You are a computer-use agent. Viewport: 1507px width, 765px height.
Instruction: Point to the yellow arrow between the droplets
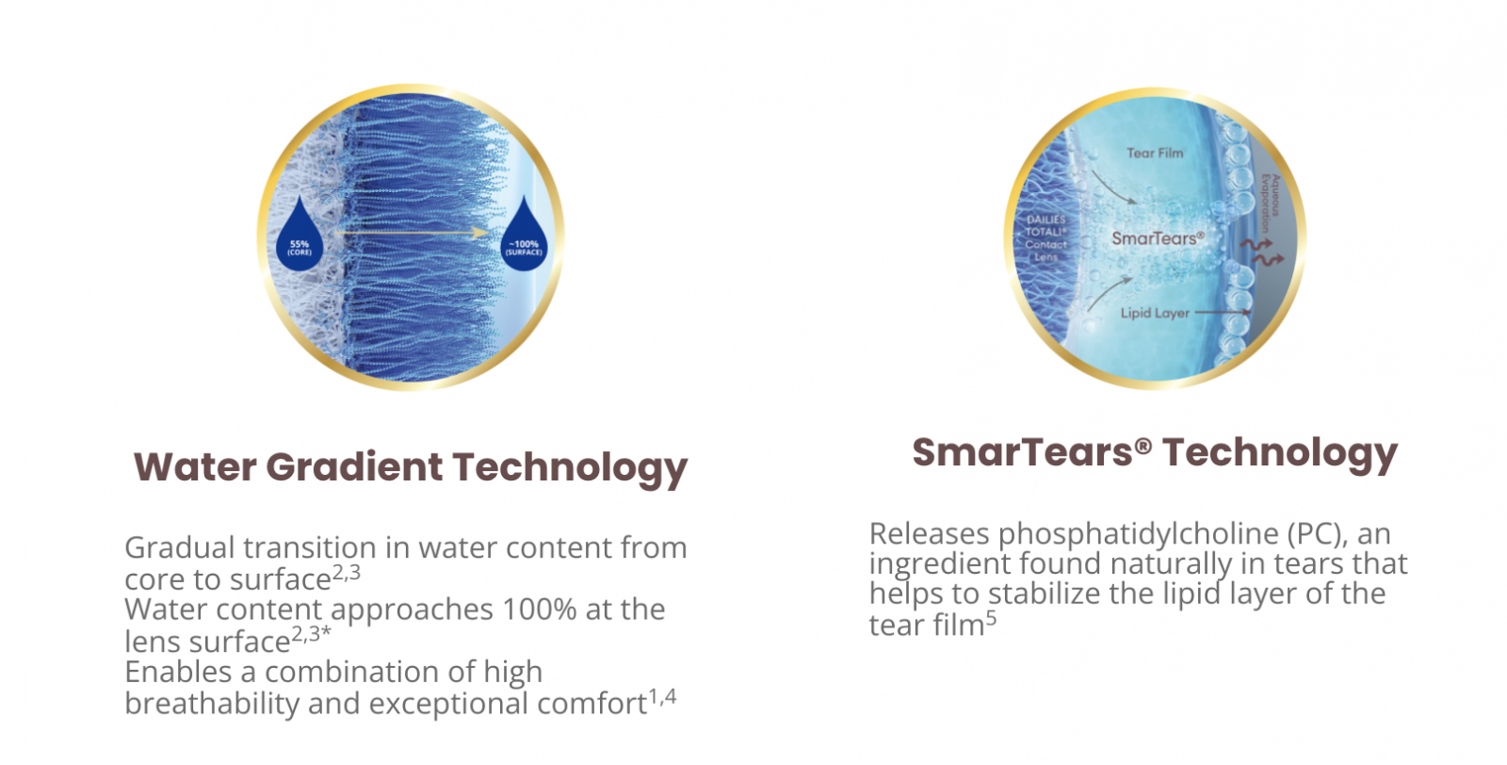(412, 233)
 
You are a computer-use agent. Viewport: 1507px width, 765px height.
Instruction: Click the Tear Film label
(1155, 154)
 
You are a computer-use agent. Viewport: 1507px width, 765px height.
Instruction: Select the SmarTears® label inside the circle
(1158, 238)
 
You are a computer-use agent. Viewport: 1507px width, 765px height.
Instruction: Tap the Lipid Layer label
(1155, 313)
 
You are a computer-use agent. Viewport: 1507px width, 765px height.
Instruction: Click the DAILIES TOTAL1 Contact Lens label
(1046, 238)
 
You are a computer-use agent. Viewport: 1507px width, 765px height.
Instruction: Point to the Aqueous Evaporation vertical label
(1271, 203)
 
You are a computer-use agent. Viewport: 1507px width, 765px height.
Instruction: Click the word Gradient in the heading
(354, 467)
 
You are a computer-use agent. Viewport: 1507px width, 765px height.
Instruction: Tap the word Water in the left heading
(195, 467)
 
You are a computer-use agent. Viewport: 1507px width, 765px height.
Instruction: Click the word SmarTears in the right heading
(1023, 452)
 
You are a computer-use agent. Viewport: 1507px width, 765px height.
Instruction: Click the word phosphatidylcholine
(1139, 534)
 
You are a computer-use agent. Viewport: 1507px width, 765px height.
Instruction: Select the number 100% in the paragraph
(540, 609)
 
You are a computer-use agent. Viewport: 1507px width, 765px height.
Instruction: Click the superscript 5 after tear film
(991, 619)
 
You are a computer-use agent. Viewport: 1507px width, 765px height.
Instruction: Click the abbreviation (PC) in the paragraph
(1318, 534)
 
